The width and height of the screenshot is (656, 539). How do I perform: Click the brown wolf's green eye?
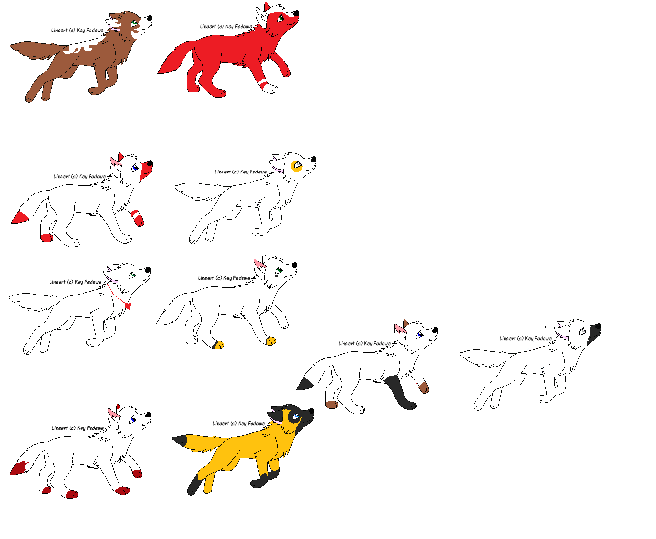click(x=134, y=23)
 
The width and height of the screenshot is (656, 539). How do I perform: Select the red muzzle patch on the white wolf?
click(x=146, y=170)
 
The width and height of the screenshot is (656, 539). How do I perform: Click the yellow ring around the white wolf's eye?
click(x=296, y=165)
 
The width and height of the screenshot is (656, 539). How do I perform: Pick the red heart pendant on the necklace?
click(x=128, y=306)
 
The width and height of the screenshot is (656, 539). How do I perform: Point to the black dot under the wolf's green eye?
click(x=276, y=276)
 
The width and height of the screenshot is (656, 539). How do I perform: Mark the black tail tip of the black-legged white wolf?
click(x=304, y=384)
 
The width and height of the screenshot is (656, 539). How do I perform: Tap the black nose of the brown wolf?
click(x=150, y=18)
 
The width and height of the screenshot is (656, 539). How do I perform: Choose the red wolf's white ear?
click(x=261, y=16)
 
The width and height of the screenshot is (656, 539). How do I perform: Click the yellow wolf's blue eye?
click(x=296, y=416)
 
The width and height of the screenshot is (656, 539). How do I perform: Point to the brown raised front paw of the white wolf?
click(x=424, y=388)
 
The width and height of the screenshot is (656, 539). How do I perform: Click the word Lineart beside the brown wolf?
click(x=59, y=30)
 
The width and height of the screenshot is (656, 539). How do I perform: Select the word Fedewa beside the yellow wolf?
click(x=256, y=424)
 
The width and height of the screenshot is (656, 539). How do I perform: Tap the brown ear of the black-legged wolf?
click(x=405, y=323)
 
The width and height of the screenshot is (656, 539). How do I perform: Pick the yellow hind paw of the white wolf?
click(x=218, y=345)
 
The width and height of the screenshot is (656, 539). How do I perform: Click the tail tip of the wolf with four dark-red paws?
click(x=18, y=468)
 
